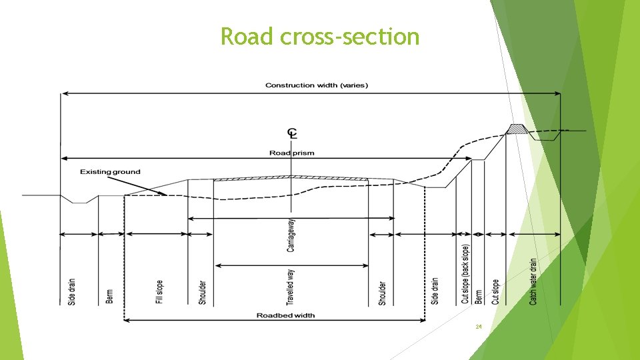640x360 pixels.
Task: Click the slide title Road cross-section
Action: (x=320, y=37)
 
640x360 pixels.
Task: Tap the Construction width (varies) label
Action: (x=316, y=85)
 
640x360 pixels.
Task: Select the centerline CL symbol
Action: (x=292, y=133)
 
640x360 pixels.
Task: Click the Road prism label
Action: (x=291, y=153)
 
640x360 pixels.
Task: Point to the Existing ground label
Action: (x=110, y=172)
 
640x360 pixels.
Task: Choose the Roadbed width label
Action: (x=285, y=315)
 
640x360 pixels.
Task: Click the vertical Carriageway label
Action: (x=291, y=236)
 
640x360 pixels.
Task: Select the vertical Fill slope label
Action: (x=159, y=292)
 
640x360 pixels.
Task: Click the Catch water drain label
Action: (x=533, y=282)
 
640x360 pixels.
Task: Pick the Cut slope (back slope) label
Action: (x=465, y=273)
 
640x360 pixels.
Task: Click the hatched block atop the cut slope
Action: (x=515, y=129)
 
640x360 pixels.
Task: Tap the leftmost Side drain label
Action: (x=72, y=291)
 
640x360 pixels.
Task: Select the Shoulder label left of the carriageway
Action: (x=203, y=292)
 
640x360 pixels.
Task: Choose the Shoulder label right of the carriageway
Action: (x=382, y=292)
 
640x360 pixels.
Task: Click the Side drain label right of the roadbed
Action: (x=435, y=291)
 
